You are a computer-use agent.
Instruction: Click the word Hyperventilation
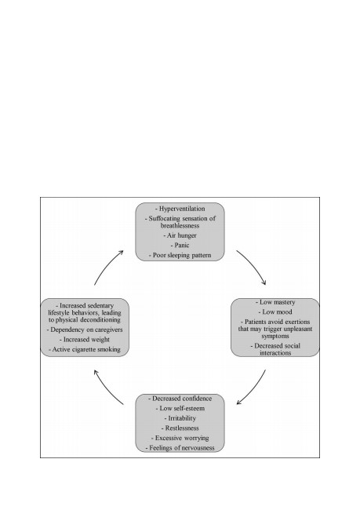(182, 209)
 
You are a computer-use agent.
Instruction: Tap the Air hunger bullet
(180, 235)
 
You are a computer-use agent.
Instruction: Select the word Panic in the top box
(182, 246)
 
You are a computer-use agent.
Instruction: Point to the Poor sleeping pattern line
(180, 255)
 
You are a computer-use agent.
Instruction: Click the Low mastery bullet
(275, 302)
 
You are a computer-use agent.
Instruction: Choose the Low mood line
(275, 312)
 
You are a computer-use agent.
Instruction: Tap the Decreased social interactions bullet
(275, 349)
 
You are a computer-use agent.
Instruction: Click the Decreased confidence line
(180, 399)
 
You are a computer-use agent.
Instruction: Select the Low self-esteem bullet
(180, 408)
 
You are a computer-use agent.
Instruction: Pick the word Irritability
(182, 418)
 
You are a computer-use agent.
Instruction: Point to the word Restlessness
(182, 428)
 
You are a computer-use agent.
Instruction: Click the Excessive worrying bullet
(180, 438)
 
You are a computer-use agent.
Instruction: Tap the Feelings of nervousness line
(180, 448)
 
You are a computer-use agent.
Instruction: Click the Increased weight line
(85, 340)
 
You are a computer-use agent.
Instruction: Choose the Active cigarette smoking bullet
(85, 349)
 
